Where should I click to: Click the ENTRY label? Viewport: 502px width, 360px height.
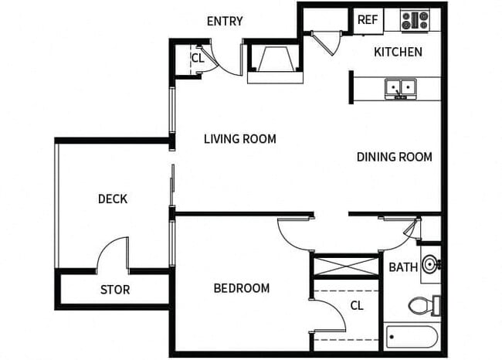(x=225, y=21)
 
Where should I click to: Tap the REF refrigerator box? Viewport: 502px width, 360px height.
(x=367, y=20)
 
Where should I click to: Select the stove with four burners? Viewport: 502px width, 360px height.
(x=415, y=19)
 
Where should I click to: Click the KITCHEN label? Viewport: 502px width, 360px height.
(x=398, y=52)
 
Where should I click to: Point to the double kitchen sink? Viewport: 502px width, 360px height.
(x=401, y=88)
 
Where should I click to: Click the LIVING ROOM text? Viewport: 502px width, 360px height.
(x=239, y=139)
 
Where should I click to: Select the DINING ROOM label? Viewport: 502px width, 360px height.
(x=394, y=157)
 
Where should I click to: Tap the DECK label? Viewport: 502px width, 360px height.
(x=113, y=199)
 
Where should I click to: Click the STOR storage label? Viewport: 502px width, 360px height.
(x=115, y=290)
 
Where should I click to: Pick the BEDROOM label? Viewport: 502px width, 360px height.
(x=241, y=288)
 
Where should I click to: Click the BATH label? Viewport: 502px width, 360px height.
(x=403, y=267)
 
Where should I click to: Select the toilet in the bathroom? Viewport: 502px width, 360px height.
(x=424, y=306)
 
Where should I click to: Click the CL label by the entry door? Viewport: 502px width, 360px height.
(x=197, y=58)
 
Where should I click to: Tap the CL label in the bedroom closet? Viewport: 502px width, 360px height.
(x=357, y=305)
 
